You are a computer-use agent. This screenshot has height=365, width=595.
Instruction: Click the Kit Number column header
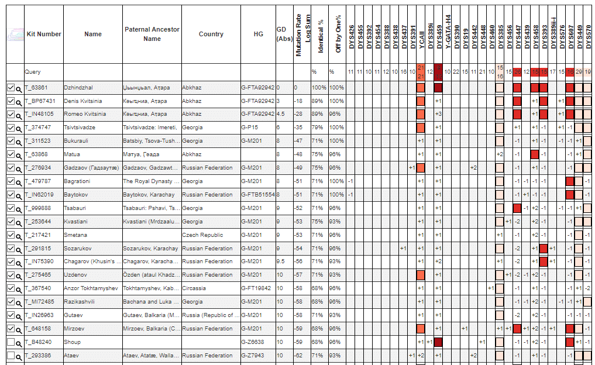click(44, 34)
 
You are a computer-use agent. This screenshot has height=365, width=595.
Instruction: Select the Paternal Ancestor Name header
click(152, 34)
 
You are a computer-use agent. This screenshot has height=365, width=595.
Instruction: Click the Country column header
click(211, 34)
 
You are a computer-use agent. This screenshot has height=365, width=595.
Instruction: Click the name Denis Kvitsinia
click(82, 101)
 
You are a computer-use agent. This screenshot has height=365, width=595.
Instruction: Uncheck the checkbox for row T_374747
click(11, 128)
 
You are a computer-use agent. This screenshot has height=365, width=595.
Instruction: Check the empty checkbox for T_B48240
click(11, 342)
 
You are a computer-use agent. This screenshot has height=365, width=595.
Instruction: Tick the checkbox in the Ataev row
click(11, 356)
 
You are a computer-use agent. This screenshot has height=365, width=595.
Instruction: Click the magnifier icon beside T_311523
click(19, 142)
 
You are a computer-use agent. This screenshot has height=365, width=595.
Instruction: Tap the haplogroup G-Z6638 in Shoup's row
click(254, 342)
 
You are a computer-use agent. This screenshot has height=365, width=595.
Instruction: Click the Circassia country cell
click(195, 288)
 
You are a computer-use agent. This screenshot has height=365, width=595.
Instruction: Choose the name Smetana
click(75, 235)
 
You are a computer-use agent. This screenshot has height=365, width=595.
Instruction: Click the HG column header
click(258, 34)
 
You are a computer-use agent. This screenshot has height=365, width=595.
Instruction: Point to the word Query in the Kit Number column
click(33, 72)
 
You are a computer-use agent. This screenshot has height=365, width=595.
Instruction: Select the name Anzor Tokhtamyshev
click(91, 288)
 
